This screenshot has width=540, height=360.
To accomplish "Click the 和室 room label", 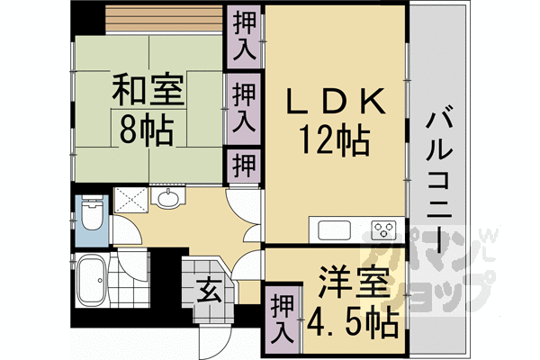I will [149, 91].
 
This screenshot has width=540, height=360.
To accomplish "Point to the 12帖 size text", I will [335, 139].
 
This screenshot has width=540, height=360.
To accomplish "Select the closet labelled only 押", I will [242, 166].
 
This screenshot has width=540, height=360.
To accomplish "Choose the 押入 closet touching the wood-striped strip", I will [242, 34].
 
